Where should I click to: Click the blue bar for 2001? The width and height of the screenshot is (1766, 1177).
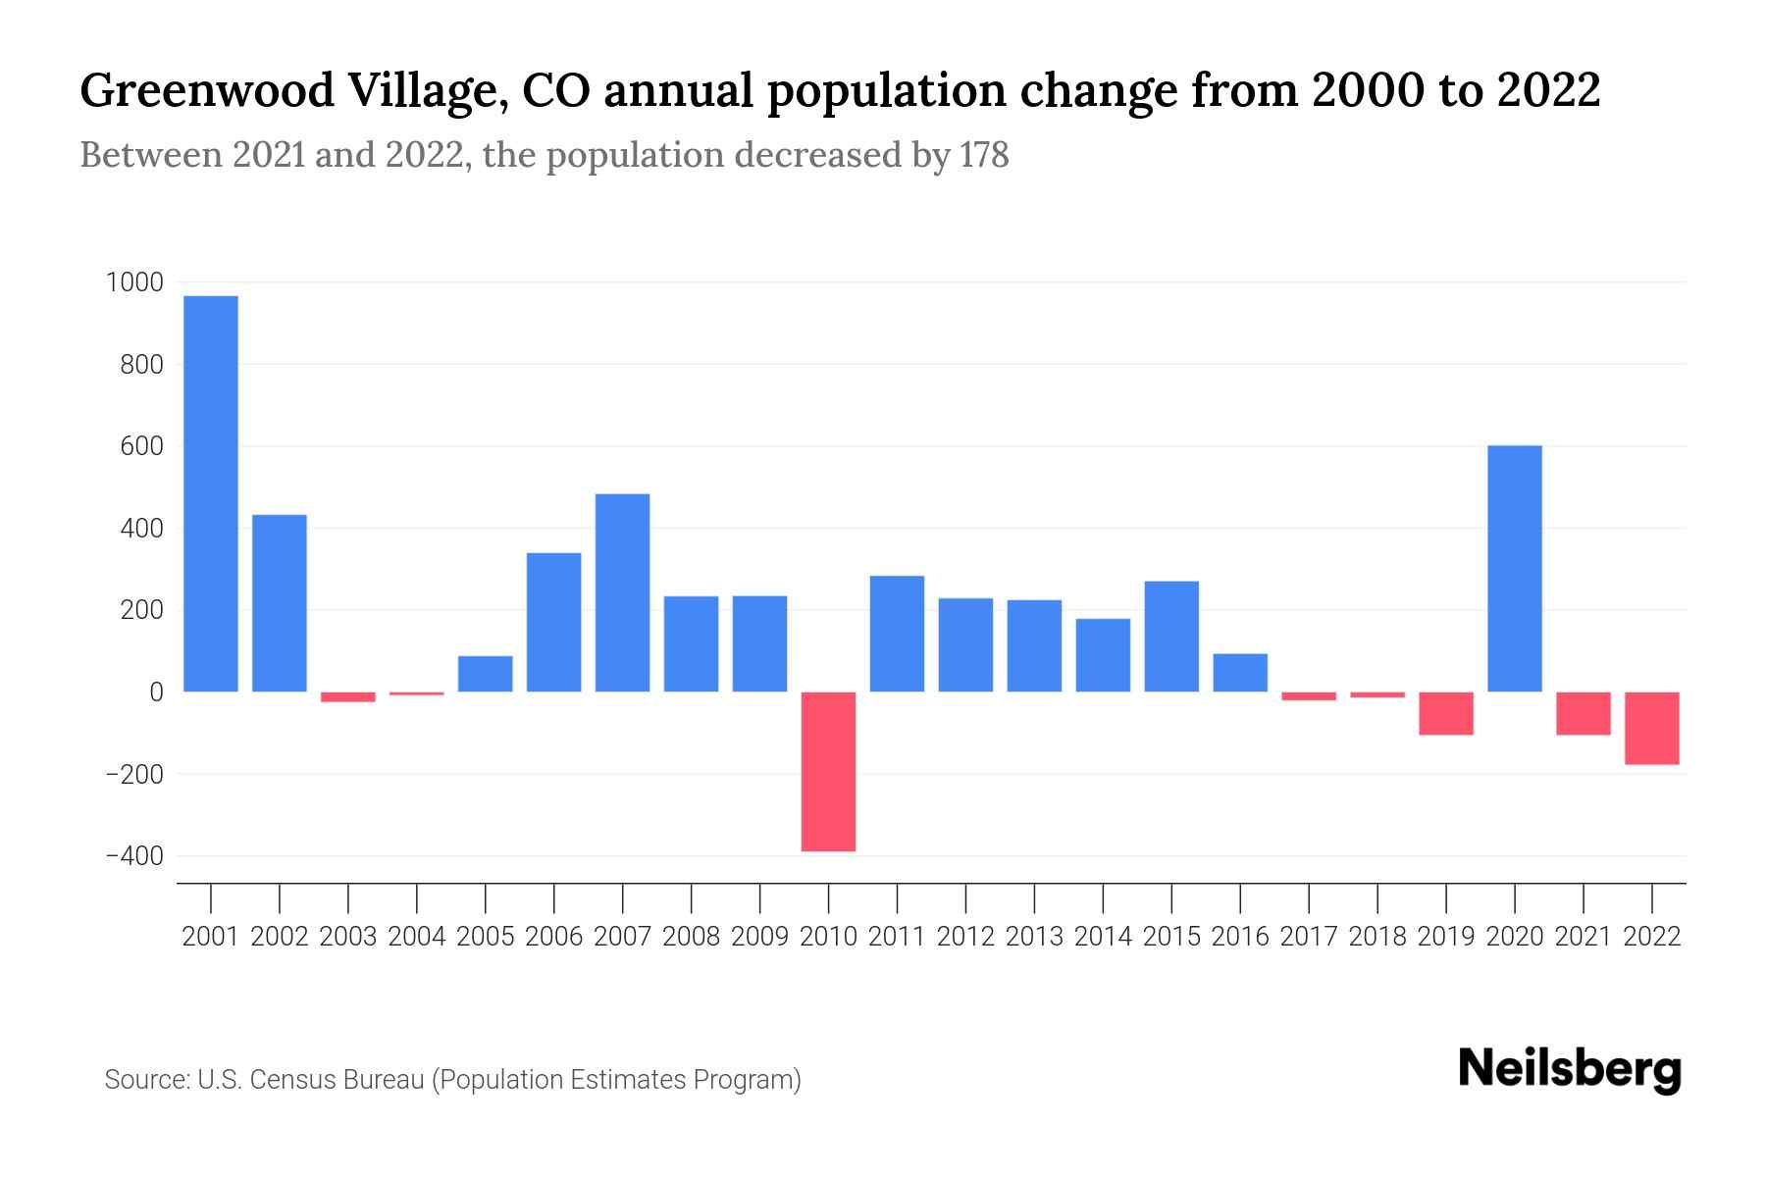tap(211, 493)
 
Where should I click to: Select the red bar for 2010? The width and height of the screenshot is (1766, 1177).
tap(828, 771)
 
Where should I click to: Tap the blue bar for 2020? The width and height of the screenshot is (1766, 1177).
tap(1515, 569)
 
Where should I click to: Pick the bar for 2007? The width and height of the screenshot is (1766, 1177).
tap(622, 592)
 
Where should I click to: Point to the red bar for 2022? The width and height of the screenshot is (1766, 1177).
tap(1652, 728)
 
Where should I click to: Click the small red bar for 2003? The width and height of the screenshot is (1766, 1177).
tap(348, 696)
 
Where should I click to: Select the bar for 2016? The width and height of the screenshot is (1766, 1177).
tap(1240, 673)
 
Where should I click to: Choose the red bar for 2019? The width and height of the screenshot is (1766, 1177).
tap(1446, 713)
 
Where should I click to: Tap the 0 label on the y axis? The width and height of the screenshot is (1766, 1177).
tap(156, 692)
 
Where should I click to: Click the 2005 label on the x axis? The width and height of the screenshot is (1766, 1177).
tap(486, 937)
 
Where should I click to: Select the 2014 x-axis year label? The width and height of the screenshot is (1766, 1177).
tap(1103, 937)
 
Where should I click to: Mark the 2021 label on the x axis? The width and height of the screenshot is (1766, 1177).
tap(1584, 937)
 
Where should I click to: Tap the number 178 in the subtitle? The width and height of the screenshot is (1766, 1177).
tap(984, 155)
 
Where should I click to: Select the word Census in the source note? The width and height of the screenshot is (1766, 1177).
tap(288, 1080)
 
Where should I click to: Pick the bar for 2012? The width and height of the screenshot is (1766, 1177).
tap(965, 644)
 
